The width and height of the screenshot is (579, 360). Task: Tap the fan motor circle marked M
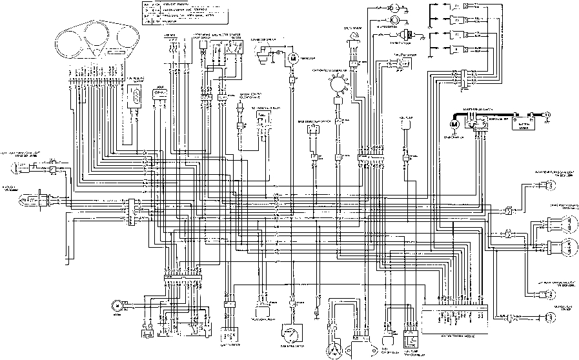[292, 59]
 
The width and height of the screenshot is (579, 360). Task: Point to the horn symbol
[117, 305]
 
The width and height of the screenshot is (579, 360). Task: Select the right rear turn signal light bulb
[550, 187]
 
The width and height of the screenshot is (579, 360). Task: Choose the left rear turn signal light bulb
[550, 294]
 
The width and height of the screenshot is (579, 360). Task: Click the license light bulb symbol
[550, 316]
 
